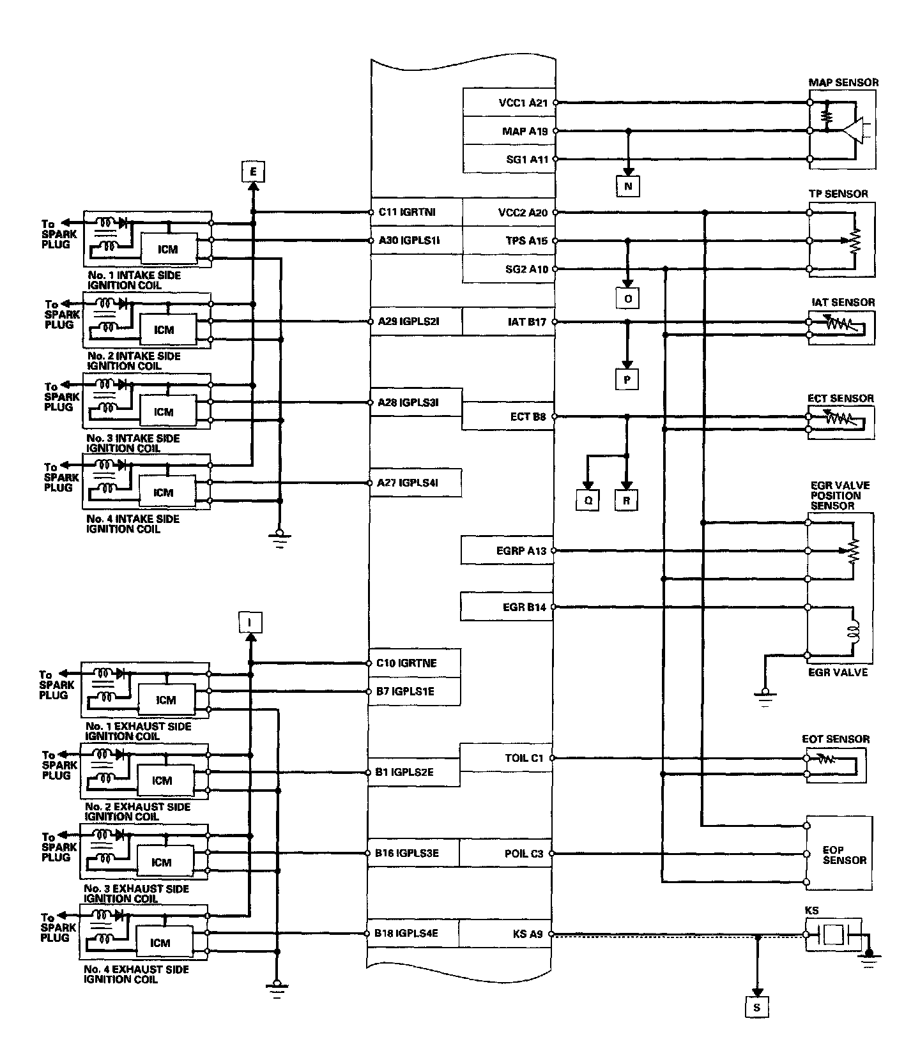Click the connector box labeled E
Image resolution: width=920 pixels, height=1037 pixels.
click(x=253, y=172)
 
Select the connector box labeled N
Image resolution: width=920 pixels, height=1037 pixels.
click(x=628, y=186)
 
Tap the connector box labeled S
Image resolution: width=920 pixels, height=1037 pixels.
click(x=757, y=1008)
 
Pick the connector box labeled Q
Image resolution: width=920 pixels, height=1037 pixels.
click(x=588, y=501)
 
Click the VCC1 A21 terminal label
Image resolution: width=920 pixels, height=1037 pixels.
click(x=523, y=103)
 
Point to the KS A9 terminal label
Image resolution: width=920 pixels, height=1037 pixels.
click(x=527, y=934)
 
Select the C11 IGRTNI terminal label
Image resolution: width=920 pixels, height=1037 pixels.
click(x=407, y=212)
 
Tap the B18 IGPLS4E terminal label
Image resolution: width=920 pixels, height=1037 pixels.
click(x=406, y=934)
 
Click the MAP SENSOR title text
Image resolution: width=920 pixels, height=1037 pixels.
click(x=843, y=82)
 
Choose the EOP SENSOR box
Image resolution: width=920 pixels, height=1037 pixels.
click(x=838, y=853)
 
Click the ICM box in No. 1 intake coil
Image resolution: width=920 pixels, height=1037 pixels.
click(x=167, y=249)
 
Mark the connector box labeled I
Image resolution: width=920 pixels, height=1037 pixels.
click(x=250, y=622)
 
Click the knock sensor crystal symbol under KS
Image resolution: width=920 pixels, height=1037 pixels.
click(x=833, y=934)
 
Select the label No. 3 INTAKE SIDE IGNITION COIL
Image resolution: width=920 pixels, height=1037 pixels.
click(x=133, y=443)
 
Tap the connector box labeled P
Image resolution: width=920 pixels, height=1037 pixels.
click(x=627, y=379)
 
